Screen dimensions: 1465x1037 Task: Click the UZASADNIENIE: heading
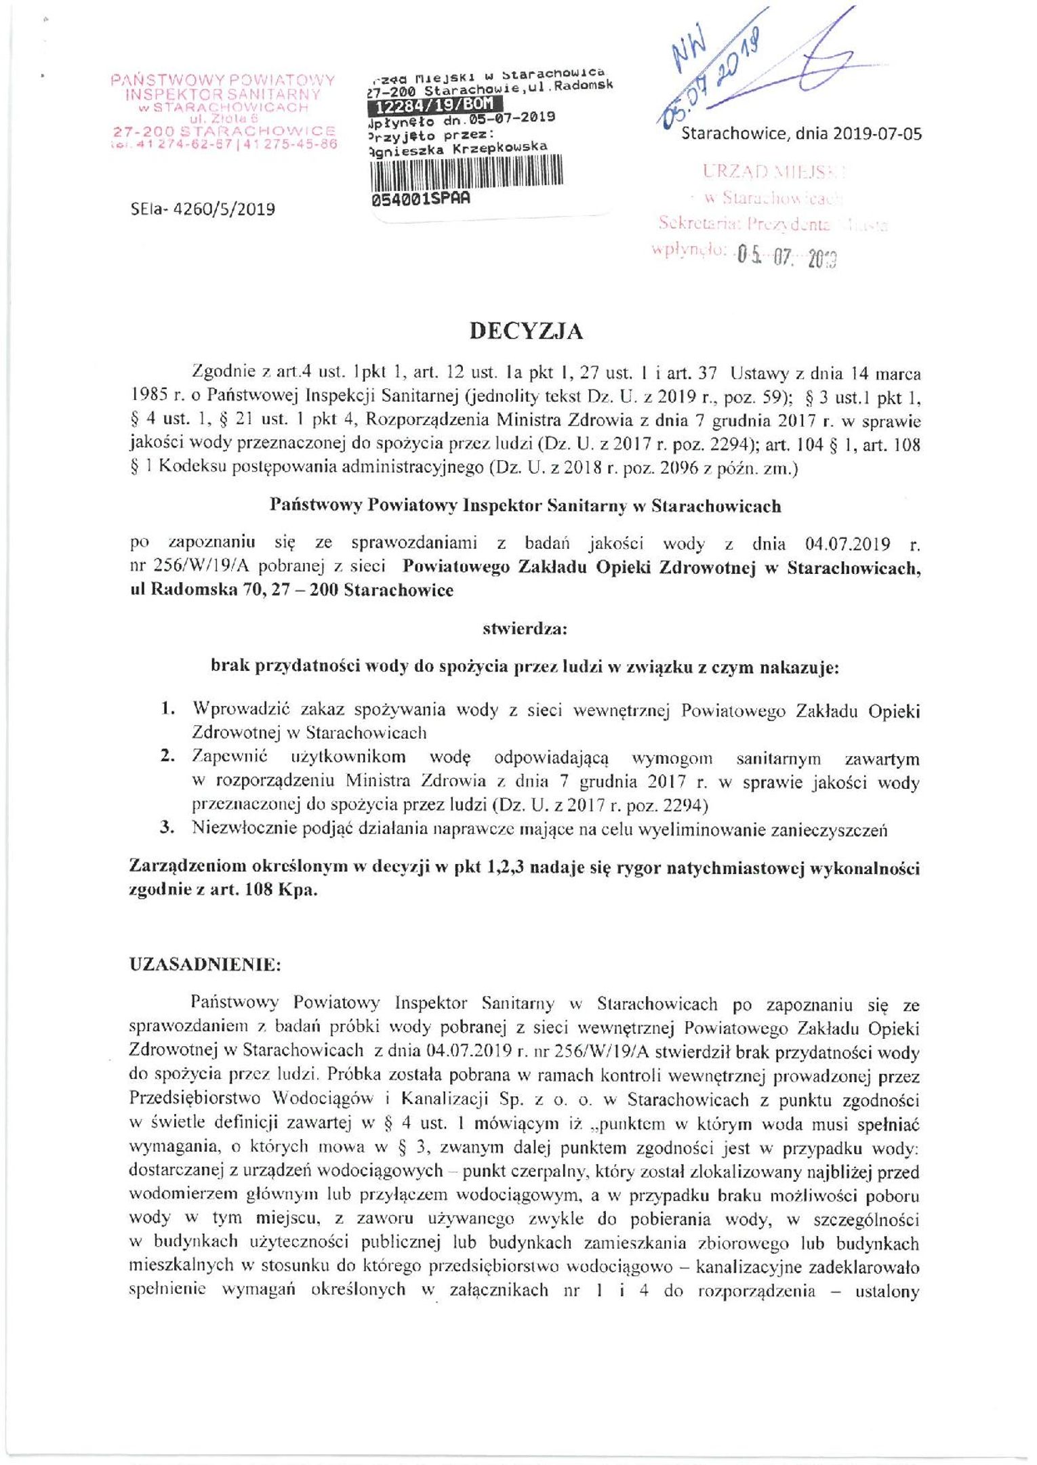tap(204, 966)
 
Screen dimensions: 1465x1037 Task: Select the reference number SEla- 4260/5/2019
tap(203, 209)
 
